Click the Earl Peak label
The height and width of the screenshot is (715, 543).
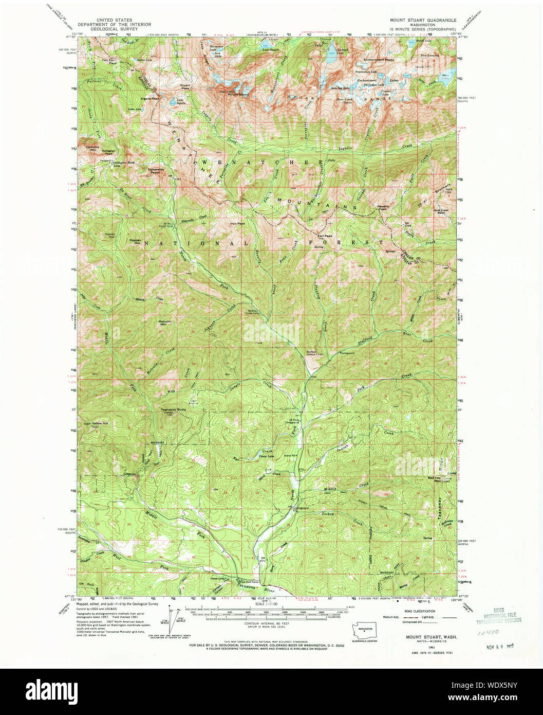point(324,236)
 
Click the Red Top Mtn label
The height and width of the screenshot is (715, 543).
point(435,478)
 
